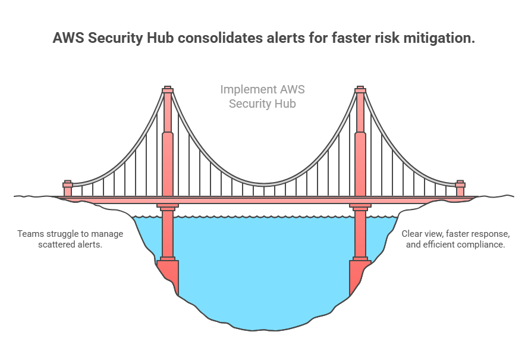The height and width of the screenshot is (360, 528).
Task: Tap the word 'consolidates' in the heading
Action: pos(220,37)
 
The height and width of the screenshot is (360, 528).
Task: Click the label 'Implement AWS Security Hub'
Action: pos(262,96)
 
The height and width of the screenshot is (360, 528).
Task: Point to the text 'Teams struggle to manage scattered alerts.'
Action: pos(70,239)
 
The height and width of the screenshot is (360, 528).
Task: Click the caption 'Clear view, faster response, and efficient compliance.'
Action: pos(455,239)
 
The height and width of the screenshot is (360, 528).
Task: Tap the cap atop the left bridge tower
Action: pos(168,89)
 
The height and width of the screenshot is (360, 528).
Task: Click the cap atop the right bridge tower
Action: pos(360,89)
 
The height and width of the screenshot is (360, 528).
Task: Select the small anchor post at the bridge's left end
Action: pos(68,188)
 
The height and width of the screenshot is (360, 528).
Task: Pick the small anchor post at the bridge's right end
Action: pos(460,188)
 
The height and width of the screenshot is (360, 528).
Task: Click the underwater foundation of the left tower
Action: pos(168,276)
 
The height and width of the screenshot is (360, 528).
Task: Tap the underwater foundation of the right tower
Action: pos(359,276)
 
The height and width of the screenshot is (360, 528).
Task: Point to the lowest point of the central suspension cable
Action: pos(265,184)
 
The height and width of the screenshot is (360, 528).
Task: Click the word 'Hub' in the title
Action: pos(161,37)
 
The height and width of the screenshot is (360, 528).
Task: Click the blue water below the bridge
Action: pos(265,270)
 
